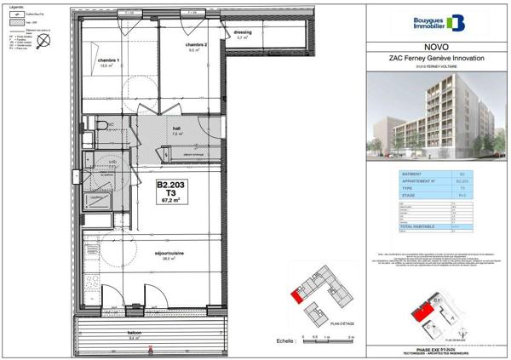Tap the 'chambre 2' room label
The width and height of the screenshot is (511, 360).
pos(198,44)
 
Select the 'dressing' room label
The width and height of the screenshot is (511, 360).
pos(243,33)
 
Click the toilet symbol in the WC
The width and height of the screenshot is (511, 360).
pos(100,125)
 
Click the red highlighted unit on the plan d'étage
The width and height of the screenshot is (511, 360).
pos(296,296)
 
